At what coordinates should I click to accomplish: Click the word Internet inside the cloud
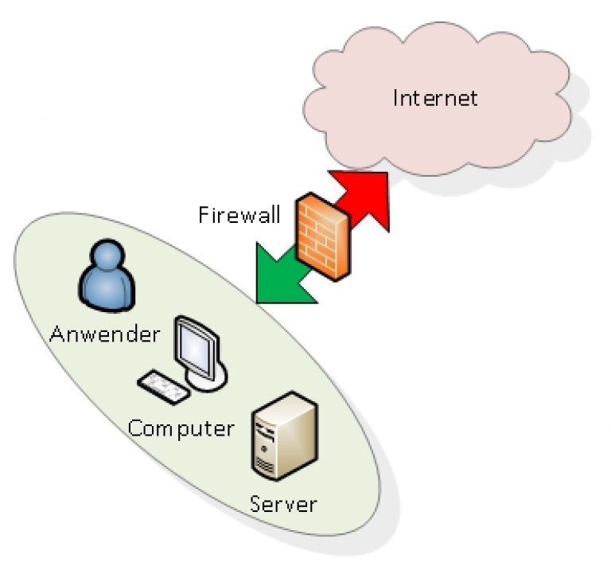coord(436,98)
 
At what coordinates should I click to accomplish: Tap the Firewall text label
coord(239,215)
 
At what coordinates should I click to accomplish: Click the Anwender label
coord(104,334)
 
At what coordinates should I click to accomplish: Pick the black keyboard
coord(164,387)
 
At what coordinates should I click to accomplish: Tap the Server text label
coord(283,503)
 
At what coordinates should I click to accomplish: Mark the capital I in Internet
coord(397,98)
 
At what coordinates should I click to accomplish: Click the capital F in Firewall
coord(203,215)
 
